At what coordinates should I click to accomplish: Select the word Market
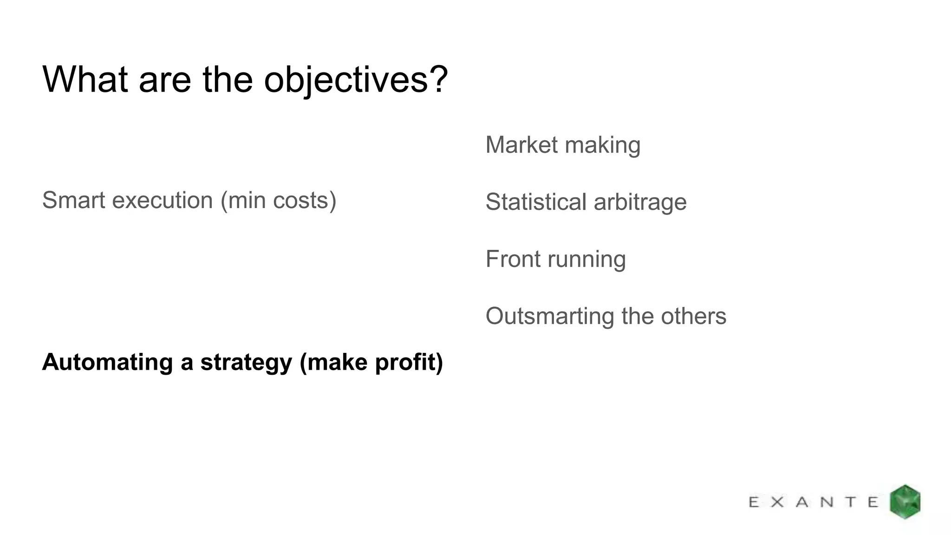521,145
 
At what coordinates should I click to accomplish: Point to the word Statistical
536,202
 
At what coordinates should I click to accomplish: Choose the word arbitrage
640,203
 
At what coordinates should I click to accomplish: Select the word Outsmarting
549,317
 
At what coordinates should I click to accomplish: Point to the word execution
163,201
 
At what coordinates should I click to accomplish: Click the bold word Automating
107,363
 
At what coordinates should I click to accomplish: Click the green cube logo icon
905,502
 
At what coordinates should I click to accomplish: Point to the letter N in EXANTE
827,502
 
